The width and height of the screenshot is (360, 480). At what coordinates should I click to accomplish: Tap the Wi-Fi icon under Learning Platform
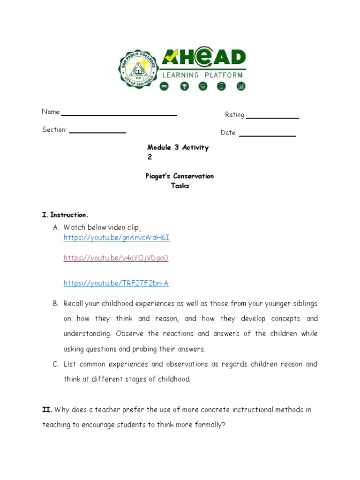[x=184, y=86]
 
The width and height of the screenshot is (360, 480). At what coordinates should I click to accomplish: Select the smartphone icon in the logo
[x=221, y=86]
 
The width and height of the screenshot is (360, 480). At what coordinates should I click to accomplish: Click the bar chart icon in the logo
[x=240, y=86]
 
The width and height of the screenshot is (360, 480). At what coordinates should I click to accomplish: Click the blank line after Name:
[x=119, y=114]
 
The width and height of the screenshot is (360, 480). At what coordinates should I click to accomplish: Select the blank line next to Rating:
[x=273, y=118]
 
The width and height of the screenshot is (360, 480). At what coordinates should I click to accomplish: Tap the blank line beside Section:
[x=97, y=133]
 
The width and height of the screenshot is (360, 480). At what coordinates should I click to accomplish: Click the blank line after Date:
[x=267, y=135]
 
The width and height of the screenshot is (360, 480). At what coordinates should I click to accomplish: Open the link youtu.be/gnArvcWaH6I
[x=116, y=238]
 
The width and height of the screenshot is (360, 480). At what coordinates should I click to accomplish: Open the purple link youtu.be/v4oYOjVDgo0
[x=115, y=258]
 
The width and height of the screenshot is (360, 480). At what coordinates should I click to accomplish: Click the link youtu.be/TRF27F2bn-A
[x=116, y=283]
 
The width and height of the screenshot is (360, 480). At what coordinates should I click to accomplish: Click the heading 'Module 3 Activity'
[x=178, y=147]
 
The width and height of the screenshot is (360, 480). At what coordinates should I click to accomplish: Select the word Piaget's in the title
[x=158, y=176]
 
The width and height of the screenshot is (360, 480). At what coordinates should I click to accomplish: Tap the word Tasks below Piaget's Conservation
[x=180, y=186]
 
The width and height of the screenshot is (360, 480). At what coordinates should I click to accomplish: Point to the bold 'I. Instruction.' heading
[x=65, y=215]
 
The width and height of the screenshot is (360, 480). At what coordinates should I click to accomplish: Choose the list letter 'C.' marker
[x=55, y=364]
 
